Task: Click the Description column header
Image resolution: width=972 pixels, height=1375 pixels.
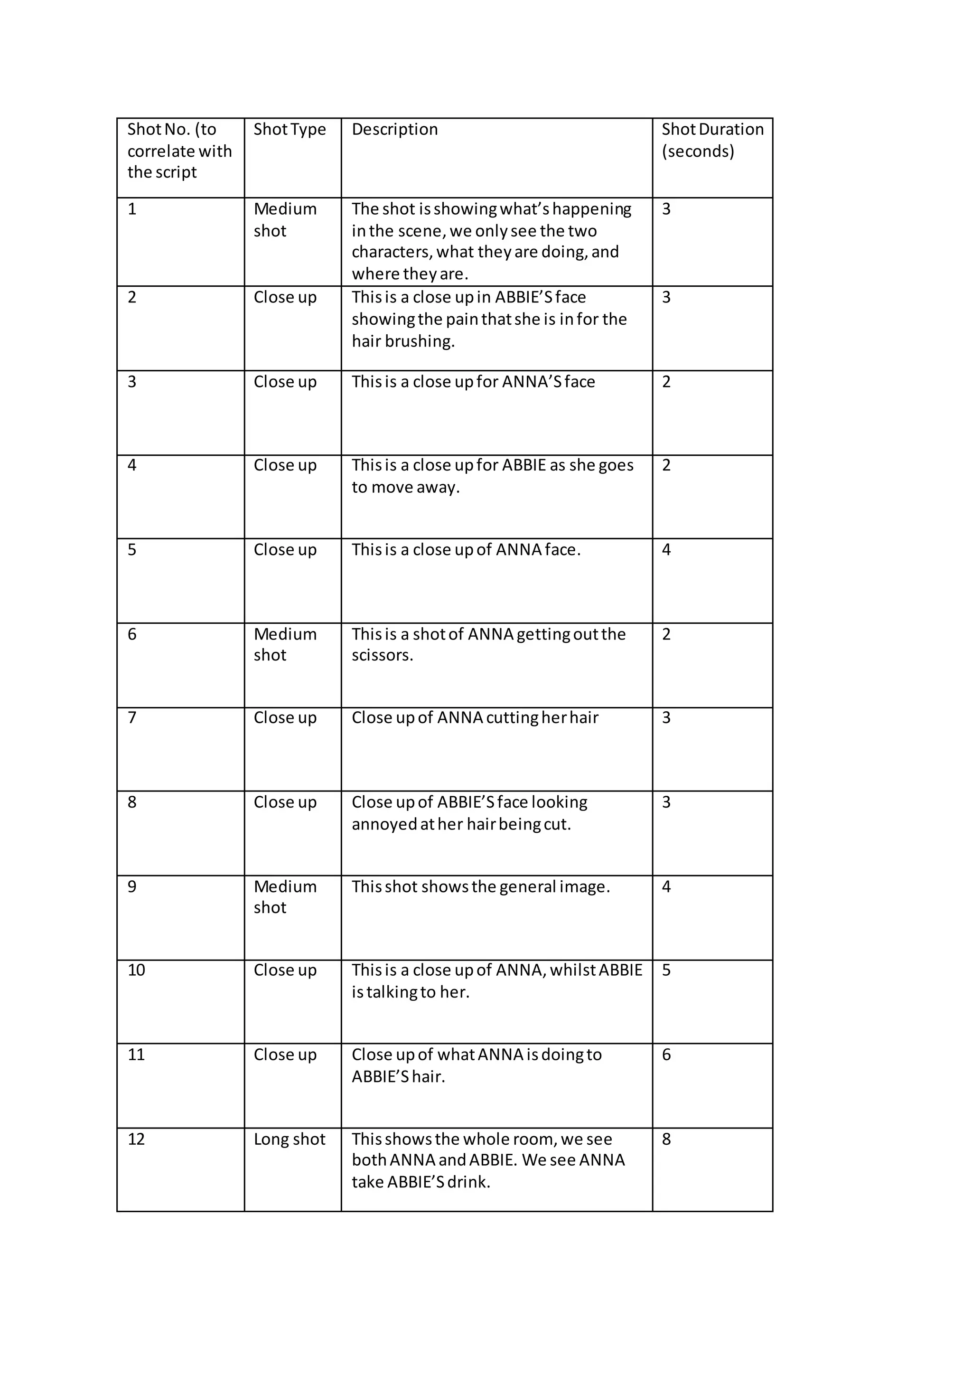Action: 394,129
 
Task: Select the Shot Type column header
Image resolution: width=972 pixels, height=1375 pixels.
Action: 290,129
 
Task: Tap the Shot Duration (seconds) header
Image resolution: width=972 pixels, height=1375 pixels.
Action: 712,140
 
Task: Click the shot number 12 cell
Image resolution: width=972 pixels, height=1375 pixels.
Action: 137,1139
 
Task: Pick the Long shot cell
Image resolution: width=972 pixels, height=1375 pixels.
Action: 290,1139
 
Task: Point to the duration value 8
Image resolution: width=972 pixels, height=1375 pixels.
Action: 666,1139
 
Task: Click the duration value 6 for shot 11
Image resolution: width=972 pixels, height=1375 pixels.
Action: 666,1055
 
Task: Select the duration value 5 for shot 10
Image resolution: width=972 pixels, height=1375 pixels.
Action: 666,970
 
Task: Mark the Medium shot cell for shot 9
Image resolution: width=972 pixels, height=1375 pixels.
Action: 285,896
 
